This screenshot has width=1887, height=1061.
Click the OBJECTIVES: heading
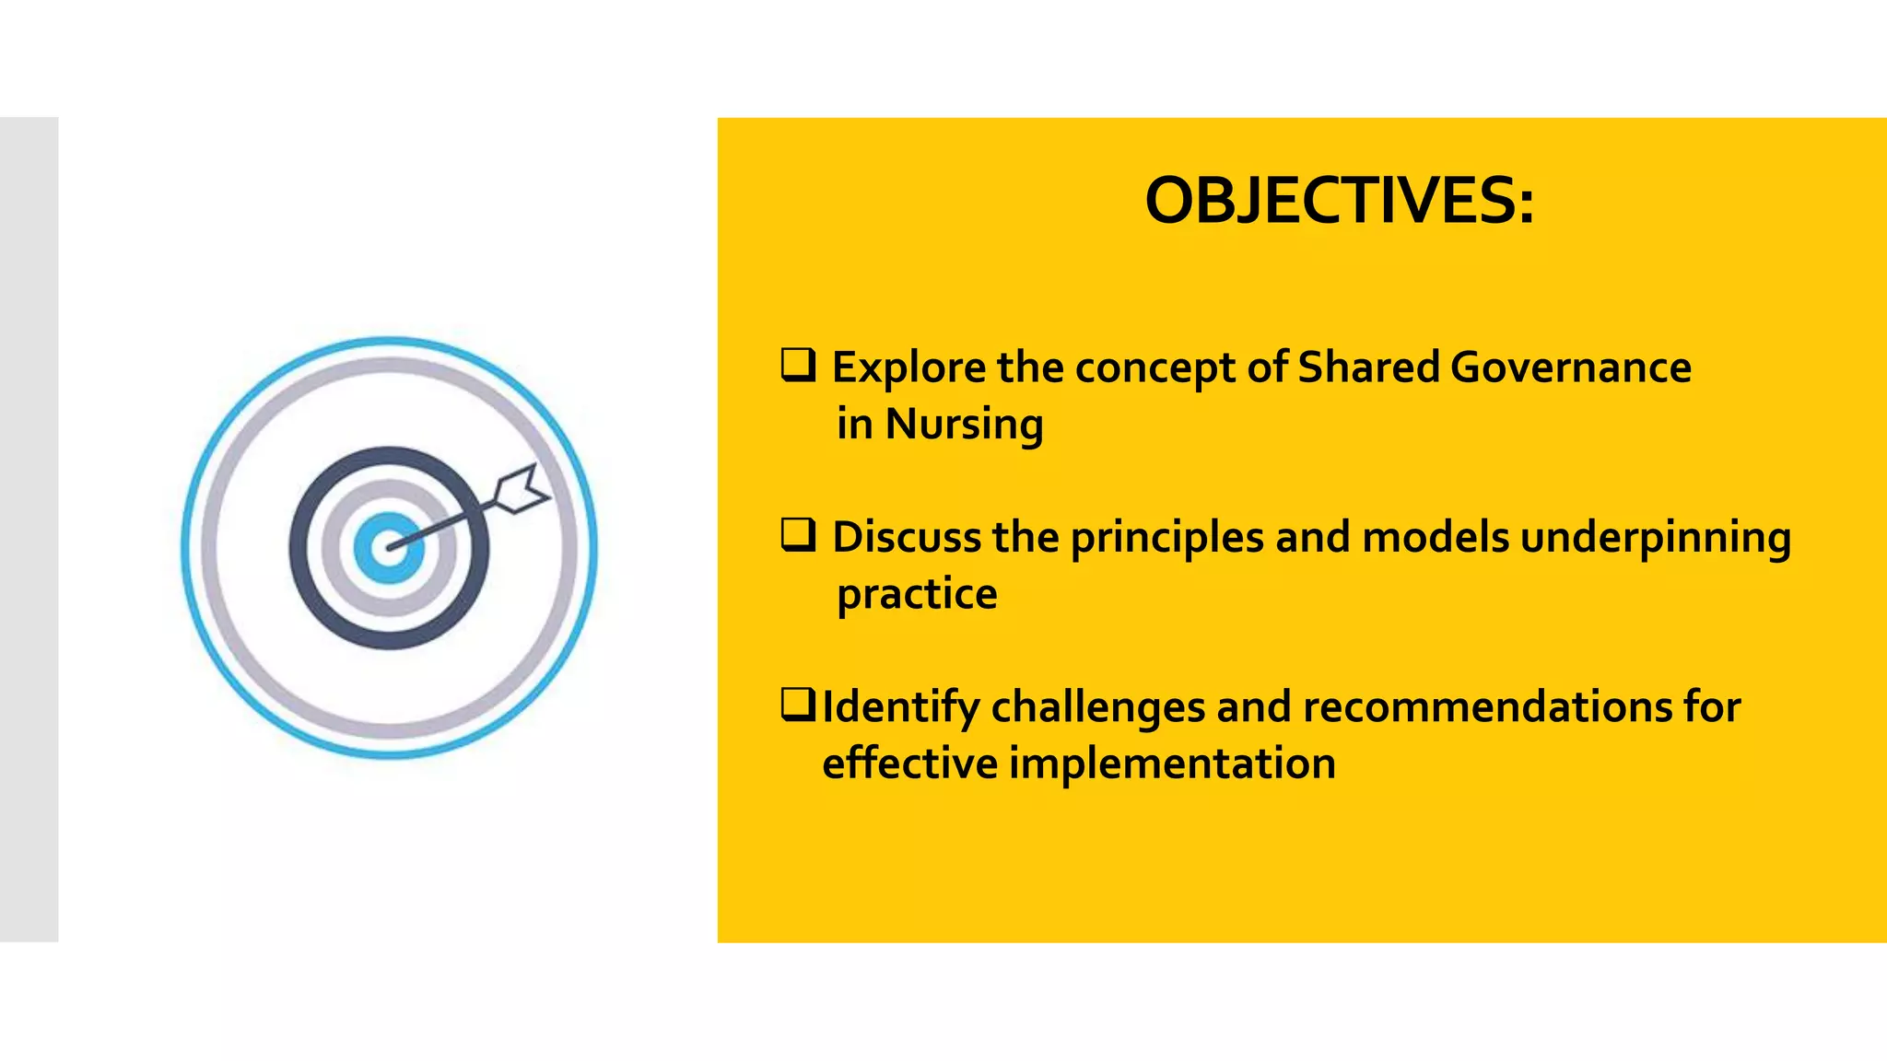1339,201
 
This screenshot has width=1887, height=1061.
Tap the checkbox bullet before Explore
798,365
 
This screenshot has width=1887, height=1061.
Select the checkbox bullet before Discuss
798,534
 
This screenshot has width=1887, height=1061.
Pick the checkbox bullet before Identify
797,705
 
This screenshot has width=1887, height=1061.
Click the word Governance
1570,367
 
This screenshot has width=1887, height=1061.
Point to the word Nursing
964,426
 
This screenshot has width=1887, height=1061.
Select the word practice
917,595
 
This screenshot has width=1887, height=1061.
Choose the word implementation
1172,764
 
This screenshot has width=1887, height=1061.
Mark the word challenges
1097,707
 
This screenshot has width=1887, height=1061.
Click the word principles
1166,538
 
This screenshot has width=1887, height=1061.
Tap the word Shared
1367,367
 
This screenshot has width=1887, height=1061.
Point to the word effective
909,764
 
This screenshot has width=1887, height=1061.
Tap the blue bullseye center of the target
388,548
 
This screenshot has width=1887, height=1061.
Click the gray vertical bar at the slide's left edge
29,530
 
